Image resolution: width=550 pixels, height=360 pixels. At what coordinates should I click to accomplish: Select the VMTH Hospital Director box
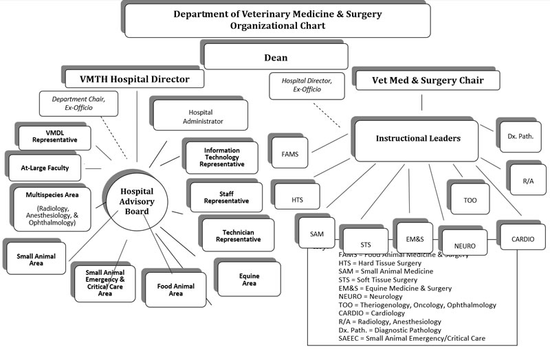click(137, 80)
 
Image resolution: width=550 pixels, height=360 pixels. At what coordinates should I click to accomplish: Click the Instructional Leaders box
click(417, 139)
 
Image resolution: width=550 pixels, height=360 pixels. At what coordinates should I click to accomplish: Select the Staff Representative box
click(226, 198)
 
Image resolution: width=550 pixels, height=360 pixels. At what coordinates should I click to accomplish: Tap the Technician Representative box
click(238, 236)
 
